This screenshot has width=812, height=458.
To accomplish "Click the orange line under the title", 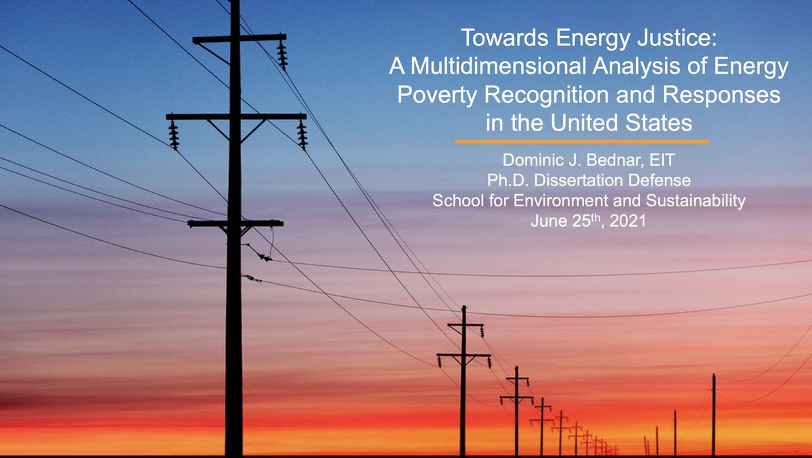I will coord(582,141).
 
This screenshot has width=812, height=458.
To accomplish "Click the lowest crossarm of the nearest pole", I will coord(235,223).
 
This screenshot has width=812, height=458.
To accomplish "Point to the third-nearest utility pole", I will coord(517,406).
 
